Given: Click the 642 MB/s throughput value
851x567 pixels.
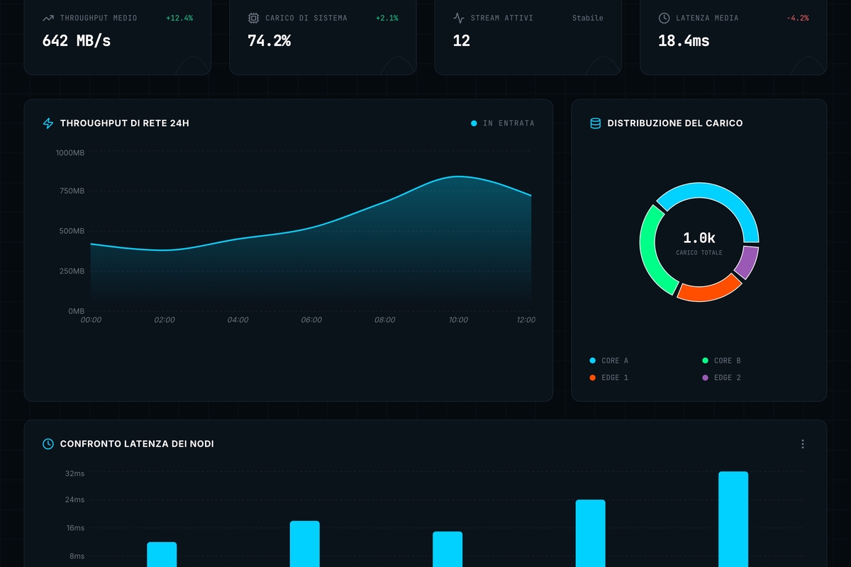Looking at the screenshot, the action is [77, 40].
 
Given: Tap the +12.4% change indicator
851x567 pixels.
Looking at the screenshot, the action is [179, 18].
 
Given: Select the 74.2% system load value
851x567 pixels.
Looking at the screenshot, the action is [269, 40].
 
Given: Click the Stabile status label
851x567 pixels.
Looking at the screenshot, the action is [587, 18].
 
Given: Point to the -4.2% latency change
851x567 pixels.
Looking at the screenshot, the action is [797, 18].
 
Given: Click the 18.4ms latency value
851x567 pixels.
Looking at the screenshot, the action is [684, 40].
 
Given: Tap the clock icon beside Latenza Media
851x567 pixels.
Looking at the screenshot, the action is [664, 18].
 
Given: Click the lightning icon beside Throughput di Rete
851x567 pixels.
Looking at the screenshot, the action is [48, 123].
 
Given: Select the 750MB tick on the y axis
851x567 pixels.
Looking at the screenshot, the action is [72, 191].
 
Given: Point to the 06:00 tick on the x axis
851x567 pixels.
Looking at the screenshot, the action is [311, 320].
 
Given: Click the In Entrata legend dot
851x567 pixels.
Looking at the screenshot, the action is [474, 123].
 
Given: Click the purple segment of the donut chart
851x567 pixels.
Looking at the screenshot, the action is [747, 263].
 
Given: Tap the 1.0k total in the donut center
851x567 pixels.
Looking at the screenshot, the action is [699, 238].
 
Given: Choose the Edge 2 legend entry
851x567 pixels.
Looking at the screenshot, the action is [721, 378].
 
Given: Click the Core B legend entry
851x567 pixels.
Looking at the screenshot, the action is [721, 361].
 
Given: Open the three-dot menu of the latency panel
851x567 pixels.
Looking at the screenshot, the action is [803, 444].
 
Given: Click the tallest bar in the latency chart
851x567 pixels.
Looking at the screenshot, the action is [733, 519].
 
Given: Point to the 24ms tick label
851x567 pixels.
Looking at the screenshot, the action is [74, 500].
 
